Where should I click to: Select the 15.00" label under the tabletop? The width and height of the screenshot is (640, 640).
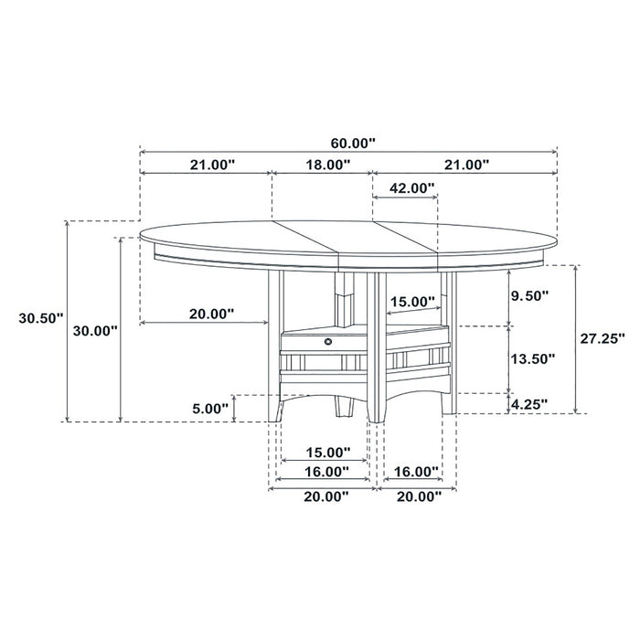(x=413, y=301)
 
